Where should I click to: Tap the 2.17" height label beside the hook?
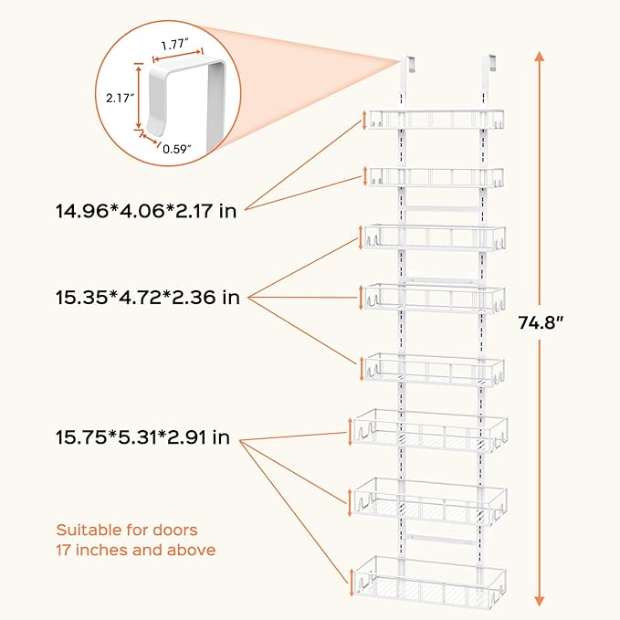[119, 95]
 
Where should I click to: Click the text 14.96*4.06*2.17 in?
[146, 211]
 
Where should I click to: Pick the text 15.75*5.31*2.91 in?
[142, 437]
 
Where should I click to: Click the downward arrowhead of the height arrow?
[541, 598]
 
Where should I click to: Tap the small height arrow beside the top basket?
[365, 120]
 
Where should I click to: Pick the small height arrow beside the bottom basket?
[352, 577]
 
